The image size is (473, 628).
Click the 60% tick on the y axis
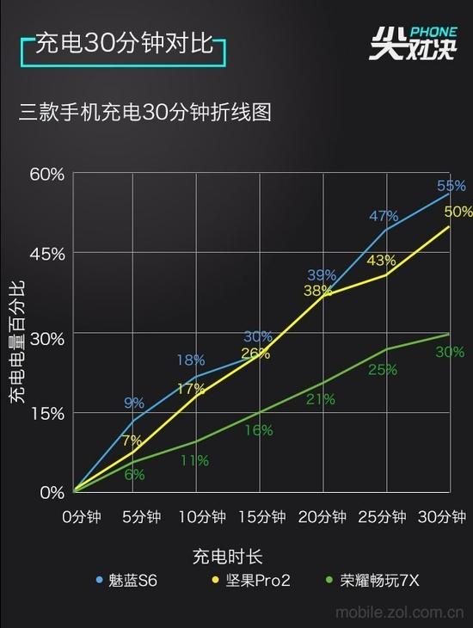coord(47,174)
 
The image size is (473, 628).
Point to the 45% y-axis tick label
coord(47,254)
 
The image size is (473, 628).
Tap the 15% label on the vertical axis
coord(47,413)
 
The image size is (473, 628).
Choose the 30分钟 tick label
coord(441,517)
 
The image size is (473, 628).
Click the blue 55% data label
coord(451,186)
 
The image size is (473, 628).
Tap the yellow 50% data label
coord(458,212)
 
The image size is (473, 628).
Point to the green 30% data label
coord(450,352)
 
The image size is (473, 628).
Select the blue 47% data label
coord(384,216)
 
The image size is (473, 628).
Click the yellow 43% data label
coord(381,261)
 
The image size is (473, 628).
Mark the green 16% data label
coord(258,430)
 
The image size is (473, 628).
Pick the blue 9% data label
coord(134,403)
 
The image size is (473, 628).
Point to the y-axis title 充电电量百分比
coord(16,341)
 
